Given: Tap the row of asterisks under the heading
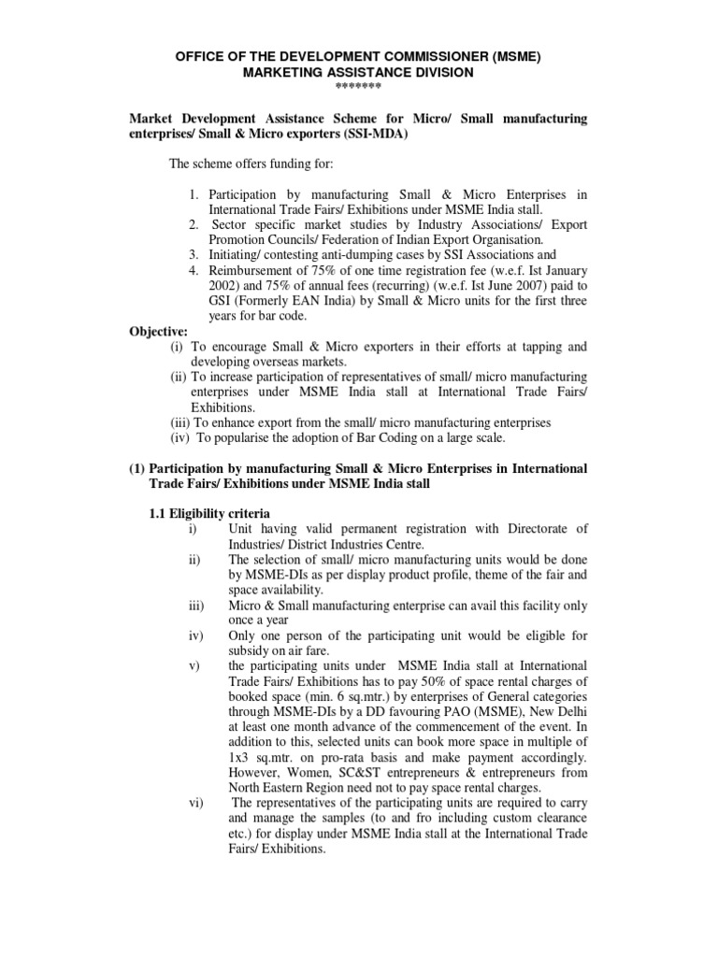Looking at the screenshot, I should click(x=358, y=87).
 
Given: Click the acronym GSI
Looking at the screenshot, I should click(x=201, y=300).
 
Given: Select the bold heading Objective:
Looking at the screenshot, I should click(x=159, y=331).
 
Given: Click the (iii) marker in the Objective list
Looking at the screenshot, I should click(x=179, y=422).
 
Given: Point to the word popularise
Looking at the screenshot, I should click(x=245, y=437).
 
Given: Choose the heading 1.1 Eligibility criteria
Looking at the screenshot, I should click(x=210, y=513).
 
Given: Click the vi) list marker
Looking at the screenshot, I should click(x=195, y=803).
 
